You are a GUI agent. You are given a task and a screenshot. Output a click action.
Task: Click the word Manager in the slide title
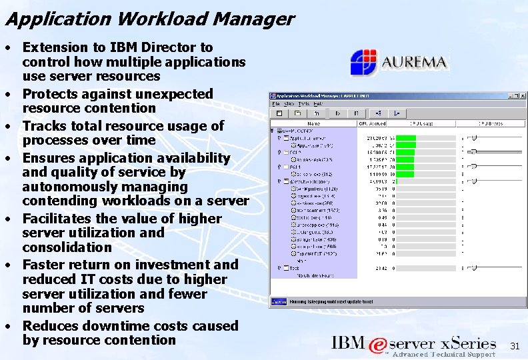(x=254, y=19)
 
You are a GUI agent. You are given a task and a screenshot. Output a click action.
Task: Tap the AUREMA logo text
(x=415, y=63)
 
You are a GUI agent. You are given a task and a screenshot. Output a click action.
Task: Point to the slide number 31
(x=514, y=346)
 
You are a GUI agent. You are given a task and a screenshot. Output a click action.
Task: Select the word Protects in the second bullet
(x=51, y=94)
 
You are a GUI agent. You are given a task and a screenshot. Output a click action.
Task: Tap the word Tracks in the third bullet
(x=45, y=126)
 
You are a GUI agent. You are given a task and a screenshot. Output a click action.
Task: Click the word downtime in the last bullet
(x=108, y=326)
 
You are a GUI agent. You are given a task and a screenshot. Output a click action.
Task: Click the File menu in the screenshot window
(x=274, y=103)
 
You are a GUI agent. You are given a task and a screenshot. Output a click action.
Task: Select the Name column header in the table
(x=313, y=123)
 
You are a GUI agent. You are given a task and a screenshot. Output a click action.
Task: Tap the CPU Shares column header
(x=491, y=123)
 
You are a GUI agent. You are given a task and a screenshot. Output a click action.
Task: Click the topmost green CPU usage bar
(x=406, y=137)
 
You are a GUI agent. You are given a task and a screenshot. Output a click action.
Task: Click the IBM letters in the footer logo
(x=349, y=343)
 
